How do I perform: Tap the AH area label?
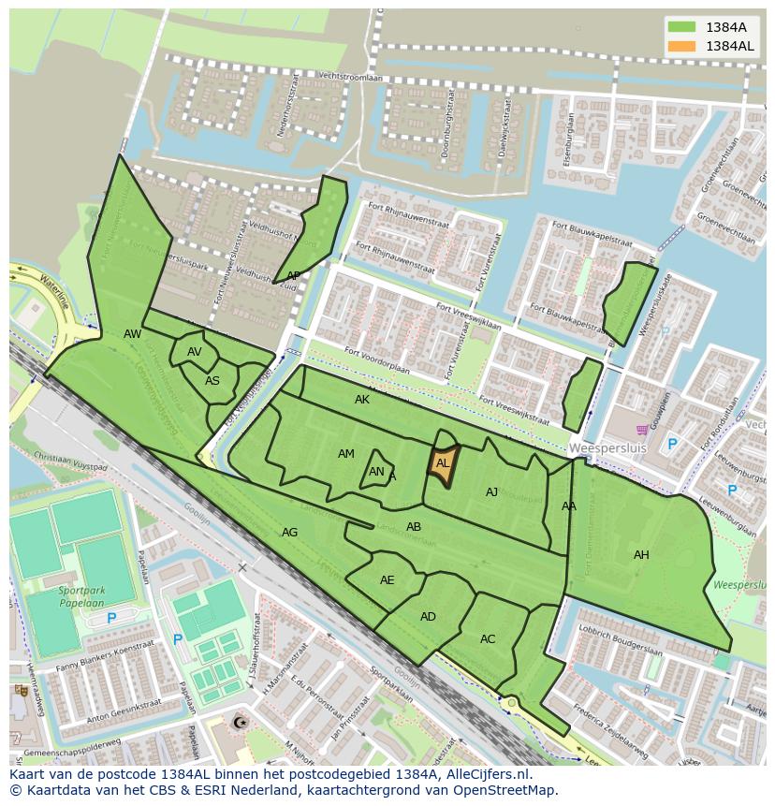pyautogui.click(x=641, y=555)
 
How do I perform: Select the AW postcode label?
pyautogui.click(x=133, y=334)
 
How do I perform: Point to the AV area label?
pyautogui.click(x=195, y=352)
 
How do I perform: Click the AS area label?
pyautogui.click(x=212, y=381)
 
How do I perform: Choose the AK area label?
pyautogui.click(x=362, y=400)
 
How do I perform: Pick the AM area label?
pyautogui.click(x=346, y=454)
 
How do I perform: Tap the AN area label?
pyautogui.click(x=376, y=472)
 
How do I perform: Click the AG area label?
pyautogui.click(x=290, y=533)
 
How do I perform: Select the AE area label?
pyautogui.click(x=387, y=580)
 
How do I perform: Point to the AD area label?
pyautogui.click(x=428, y=617)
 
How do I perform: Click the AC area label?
pyautogui.click(x=488, y=639)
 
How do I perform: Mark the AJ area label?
pyautogui.click(x=492, y=492)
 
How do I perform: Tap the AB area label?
pyautogui.click(x=414, y=527)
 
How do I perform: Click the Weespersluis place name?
pyautogui.click(x=602, y=448)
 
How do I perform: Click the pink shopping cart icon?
pyautogui.click(x=642, y=430)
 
